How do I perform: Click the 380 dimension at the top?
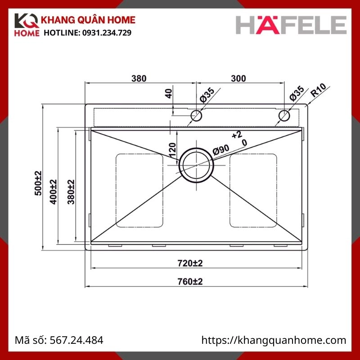139,78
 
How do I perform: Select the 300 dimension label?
238,78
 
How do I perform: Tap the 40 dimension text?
169,94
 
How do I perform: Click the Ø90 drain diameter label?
221,150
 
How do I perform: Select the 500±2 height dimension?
38,183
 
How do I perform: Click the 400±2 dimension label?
54,192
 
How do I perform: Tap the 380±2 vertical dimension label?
70,192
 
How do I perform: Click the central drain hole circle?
197,164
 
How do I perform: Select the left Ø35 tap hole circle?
196,116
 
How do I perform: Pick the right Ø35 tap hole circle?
284,116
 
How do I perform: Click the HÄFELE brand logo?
292,25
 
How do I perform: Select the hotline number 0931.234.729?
106,33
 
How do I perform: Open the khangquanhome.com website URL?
274,340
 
